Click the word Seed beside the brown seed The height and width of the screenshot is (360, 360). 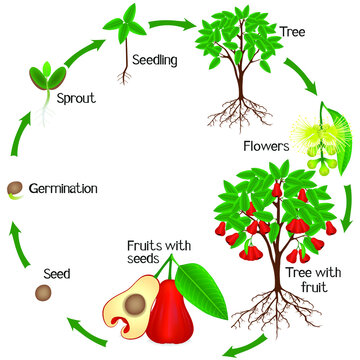pos(29,243)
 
